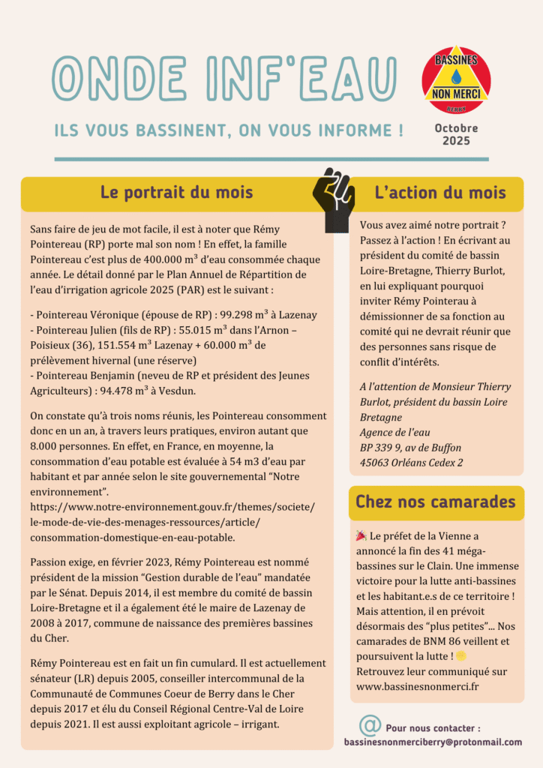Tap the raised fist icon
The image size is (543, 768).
coord(334,199)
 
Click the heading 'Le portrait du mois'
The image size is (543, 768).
coord(177,192)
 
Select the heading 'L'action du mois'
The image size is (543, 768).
coord(440,192)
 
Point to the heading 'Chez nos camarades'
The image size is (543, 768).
coord(436,502)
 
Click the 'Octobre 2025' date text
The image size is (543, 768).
coord(456,134)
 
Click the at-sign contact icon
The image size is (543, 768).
coord(370,725)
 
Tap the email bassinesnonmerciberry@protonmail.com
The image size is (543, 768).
coord(433,742)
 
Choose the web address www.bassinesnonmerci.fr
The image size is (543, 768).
coord(418,685)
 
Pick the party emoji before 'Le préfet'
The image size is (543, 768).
coord(361,536)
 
